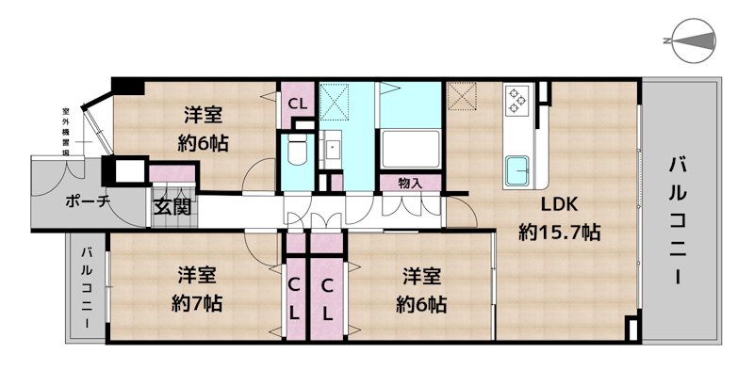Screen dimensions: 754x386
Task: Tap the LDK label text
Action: (x=559, y=205)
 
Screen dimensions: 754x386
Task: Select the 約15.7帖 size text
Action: (x=559, y=233)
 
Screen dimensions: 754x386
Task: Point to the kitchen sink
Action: (x=516, y=170)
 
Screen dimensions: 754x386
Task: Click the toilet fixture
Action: (x=298, y=148)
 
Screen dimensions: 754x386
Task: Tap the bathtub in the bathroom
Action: (x=410, y=149)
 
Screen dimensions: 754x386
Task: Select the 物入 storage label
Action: (x=410, y=183)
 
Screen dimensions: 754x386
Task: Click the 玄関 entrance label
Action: (x=172, y=207)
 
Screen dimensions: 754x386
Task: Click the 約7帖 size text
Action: (x=197, y=303)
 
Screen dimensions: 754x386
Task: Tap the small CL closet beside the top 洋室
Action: (x=298, y=105)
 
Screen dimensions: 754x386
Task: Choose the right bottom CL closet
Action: (x=327, y=299)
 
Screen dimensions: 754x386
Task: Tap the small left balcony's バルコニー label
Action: (x=87, y=287)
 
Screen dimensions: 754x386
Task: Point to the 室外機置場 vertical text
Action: (x=66, y=132)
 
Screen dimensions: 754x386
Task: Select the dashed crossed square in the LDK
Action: (x=461, y=96)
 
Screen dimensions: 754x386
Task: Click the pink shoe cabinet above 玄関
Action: (x=172, y=173)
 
